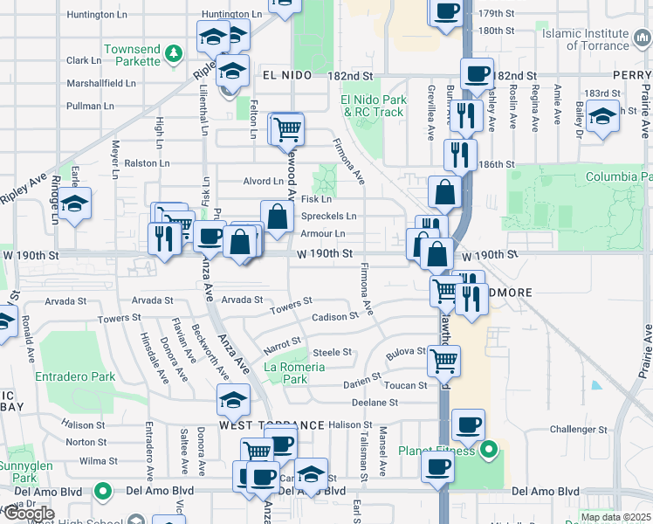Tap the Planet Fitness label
coord(437,451)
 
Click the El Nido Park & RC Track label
coord(373,106)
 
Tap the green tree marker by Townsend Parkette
coord(175,55)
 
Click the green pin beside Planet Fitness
coord(489,451)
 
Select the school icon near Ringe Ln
coord(75,204)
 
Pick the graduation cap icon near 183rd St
coord(602,116)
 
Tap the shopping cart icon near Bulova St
coord(444,358)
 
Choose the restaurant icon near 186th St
coord(459,155)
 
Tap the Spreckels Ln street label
coord(328,216)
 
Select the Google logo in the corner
coord(29,514)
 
